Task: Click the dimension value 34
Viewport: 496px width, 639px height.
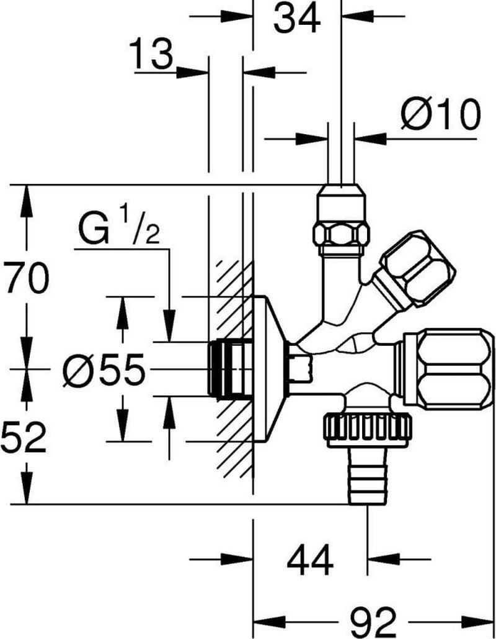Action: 296,19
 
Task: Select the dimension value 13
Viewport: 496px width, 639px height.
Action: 151,53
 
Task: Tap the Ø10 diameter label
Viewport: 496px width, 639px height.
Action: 440,114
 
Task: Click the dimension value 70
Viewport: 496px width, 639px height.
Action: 26,278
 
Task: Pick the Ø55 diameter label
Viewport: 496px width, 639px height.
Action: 104,369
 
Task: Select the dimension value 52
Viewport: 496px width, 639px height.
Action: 24,438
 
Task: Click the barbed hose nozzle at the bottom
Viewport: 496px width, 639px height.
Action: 369,476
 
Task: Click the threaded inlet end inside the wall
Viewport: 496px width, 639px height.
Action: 230,369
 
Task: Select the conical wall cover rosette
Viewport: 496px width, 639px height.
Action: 271,369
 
